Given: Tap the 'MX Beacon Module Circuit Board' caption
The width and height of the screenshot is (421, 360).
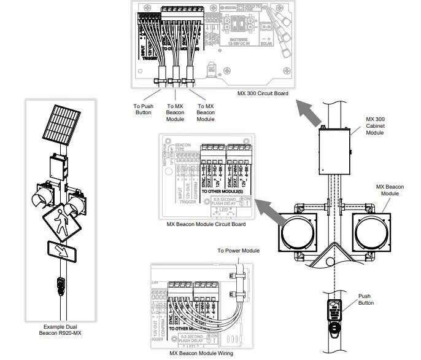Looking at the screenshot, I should click(206, 224).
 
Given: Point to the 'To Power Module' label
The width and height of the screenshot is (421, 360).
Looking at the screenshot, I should click(238, 251).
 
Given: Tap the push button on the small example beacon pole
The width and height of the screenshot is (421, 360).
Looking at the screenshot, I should click(60, 283).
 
